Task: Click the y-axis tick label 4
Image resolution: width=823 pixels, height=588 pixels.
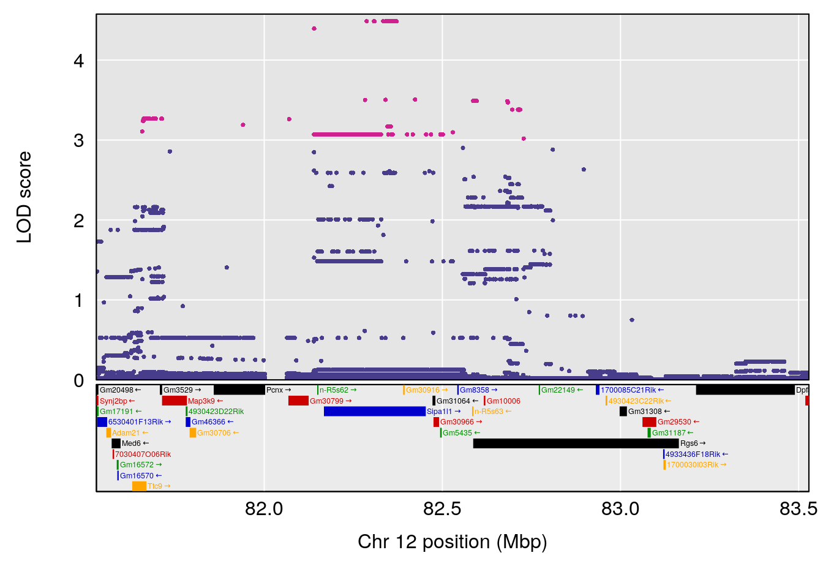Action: [78, 61]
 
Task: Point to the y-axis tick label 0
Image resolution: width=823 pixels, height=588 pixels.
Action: [78, 380]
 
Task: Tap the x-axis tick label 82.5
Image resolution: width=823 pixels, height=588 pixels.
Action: [442, 509]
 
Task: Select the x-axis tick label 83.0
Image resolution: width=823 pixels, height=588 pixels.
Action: [620, 509]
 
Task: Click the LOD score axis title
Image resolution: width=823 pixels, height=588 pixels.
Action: [24, 197]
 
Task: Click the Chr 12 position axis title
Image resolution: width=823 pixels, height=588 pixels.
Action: [452, 542]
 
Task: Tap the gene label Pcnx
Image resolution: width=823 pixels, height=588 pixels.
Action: [275, 390]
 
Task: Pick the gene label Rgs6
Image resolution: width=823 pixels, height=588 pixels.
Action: [689, 443]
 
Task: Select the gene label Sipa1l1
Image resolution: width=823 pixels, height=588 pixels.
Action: [439, 412]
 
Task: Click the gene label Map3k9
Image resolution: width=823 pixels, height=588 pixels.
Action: [201, 401]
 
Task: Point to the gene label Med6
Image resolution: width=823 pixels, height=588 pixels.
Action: [131, 443]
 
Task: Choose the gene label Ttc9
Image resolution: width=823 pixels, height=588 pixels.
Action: [155, 486]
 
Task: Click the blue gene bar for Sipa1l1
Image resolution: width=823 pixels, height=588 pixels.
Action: [374, 412]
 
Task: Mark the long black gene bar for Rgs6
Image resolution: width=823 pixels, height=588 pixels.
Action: [576, 443]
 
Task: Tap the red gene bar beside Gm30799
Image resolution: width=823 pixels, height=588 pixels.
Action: [298, 401]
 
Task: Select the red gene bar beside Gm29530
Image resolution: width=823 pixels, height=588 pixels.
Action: [649, 422]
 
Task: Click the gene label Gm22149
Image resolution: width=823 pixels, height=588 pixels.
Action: [558, 390]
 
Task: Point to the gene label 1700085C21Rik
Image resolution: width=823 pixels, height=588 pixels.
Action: [628, 390]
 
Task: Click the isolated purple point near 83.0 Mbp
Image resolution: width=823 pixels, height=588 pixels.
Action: [632, 320]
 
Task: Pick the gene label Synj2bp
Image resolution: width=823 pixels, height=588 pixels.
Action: [113, 401]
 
